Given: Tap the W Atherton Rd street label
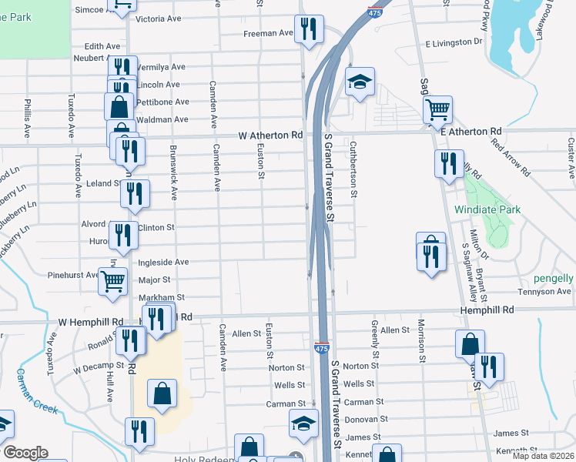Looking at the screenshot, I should click(270, 135).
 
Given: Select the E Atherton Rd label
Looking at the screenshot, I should click(471, 132).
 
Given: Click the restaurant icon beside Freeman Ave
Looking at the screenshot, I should click(309, 30).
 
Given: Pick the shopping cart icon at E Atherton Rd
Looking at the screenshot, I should click(437, 109).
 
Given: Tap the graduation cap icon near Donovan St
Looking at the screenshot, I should click(303, 423).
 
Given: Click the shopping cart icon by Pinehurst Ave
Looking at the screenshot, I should click(112, 281).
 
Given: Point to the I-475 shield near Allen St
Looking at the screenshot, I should click(322, 349).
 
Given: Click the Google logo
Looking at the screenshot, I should click(25, 453).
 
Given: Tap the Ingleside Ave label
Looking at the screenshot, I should click(162, 263).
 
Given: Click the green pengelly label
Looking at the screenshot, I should click(554, 277).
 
